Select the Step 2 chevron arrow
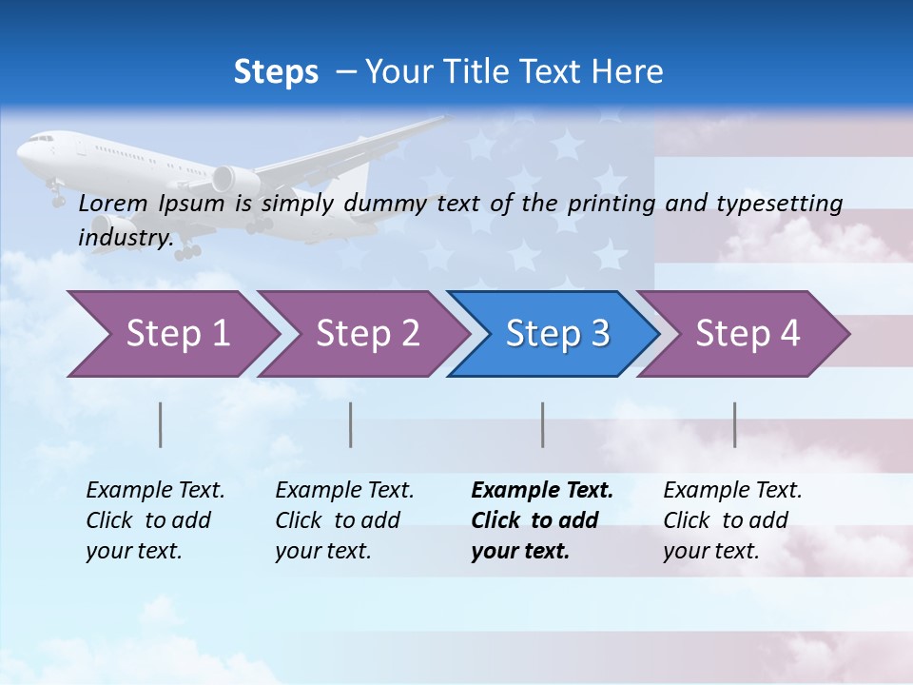tap(361, 334)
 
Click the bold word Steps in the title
tap(276, 71)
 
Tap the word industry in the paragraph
tap(125, 237)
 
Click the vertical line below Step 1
tap(160, 424)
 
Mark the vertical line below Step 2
tap(351, 424)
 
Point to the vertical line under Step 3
tap(542, 424)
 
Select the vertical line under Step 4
tap(734, 424)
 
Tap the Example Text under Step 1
tap(155, 491)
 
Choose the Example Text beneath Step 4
tap(732, 491)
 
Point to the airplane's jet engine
tap(235, 179)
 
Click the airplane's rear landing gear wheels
tap(186, 252)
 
